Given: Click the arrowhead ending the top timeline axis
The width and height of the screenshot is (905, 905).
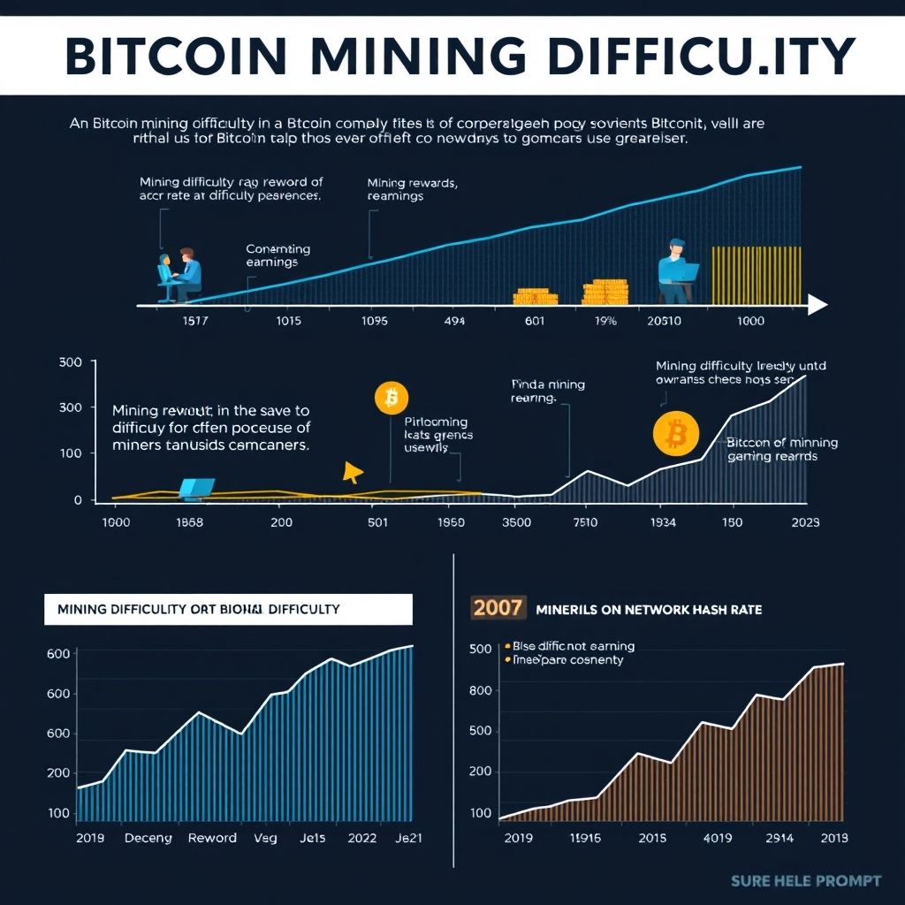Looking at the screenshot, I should [818, 305].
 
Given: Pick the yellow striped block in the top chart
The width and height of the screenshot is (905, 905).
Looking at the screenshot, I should [757, 275].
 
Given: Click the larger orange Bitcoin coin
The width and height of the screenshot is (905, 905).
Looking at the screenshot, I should [676, 434].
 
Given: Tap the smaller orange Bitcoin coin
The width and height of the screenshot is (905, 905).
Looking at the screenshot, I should [392, 399].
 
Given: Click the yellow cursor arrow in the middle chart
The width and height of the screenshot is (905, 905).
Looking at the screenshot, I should [353, 473].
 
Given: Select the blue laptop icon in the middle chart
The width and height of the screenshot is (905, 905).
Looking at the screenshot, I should [196, 488].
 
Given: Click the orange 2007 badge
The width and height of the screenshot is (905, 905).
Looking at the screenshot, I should [498, 608].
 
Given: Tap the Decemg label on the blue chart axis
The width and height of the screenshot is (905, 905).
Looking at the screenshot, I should [148, 838].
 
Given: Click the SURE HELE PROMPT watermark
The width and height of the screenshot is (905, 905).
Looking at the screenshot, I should [806, 880].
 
